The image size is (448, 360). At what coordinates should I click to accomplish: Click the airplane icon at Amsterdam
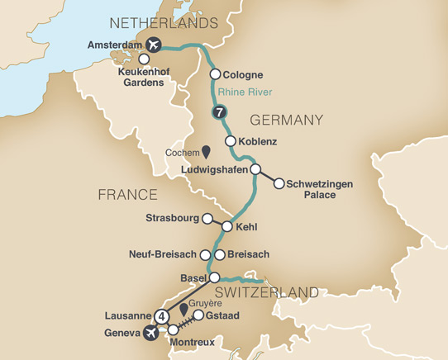152,45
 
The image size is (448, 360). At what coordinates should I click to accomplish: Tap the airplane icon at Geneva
150,333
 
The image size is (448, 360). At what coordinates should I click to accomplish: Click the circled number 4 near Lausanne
162,315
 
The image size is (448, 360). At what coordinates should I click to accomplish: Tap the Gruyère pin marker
183,309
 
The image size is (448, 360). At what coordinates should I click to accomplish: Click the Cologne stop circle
215,74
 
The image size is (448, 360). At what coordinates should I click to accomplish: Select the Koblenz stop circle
231,141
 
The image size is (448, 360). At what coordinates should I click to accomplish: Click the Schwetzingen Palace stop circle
279,183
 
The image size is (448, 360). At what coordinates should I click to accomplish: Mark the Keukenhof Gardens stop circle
145,59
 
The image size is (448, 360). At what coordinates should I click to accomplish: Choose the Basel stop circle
214,277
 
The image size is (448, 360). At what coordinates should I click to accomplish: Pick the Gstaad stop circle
198,315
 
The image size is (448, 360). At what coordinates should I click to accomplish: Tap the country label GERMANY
285,121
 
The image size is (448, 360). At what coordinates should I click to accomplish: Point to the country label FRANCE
127,195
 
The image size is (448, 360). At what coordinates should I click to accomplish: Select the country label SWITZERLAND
268,293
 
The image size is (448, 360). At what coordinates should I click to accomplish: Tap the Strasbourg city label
172,219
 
